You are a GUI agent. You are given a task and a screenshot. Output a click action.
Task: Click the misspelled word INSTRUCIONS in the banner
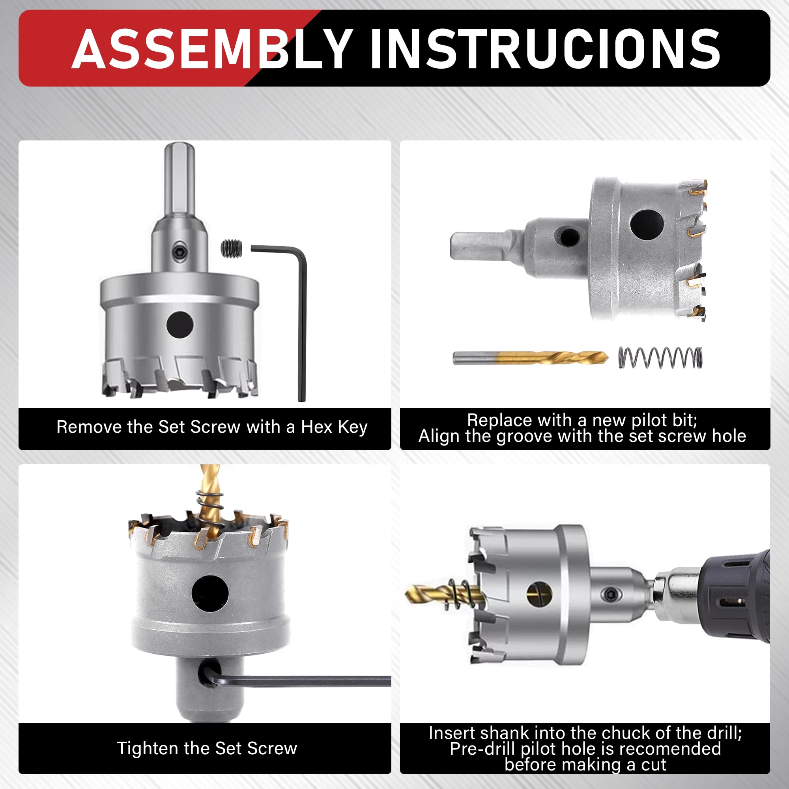click(545, 49)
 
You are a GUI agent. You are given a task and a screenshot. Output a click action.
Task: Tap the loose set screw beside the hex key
click(232, 248)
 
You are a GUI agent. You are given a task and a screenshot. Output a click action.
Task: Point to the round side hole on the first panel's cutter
click(179, 324)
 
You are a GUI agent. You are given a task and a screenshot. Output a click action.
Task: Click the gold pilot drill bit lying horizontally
click(531, 358)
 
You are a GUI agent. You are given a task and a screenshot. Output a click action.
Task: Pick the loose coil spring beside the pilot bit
click(660, 358)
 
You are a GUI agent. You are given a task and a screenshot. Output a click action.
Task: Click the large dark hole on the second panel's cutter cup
click(647, 225)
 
